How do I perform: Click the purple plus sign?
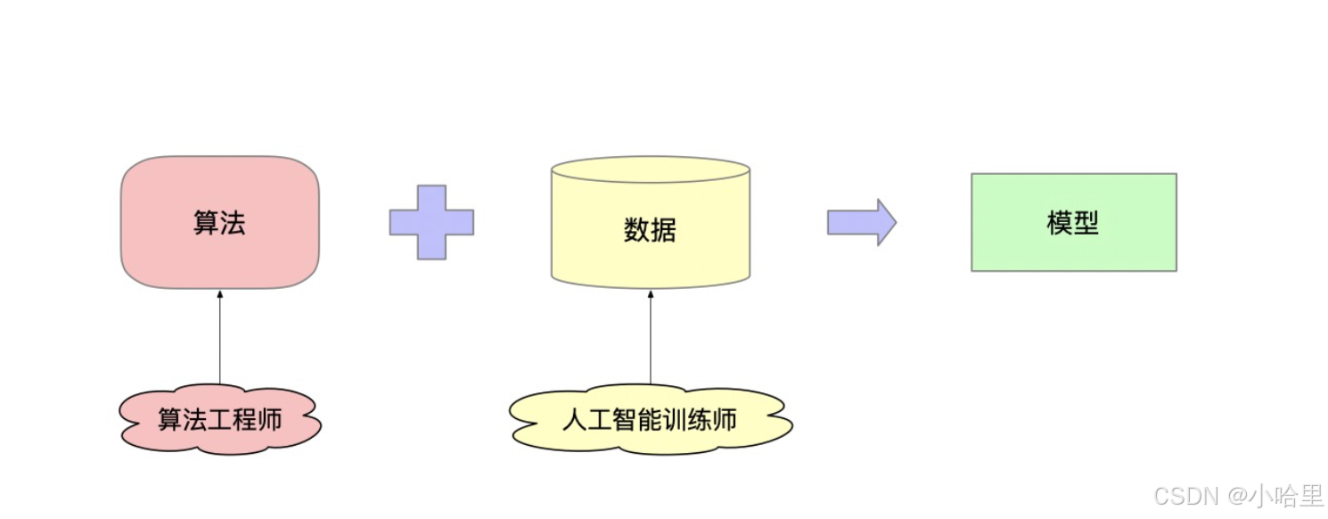coord(431,222)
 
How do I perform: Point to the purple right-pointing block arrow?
coord(861,222)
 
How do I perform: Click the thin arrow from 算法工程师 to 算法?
coord(219,339)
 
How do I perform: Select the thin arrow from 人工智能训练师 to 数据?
coord(650,339)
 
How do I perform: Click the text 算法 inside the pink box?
coord(219,222)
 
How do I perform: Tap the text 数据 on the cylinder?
coord(650,230)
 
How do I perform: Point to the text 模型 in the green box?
coord(1073,223)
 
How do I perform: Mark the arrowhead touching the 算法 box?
coord(219,294)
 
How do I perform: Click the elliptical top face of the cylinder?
coord(650,169)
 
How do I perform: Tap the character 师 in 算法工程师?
coord(270,419)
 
